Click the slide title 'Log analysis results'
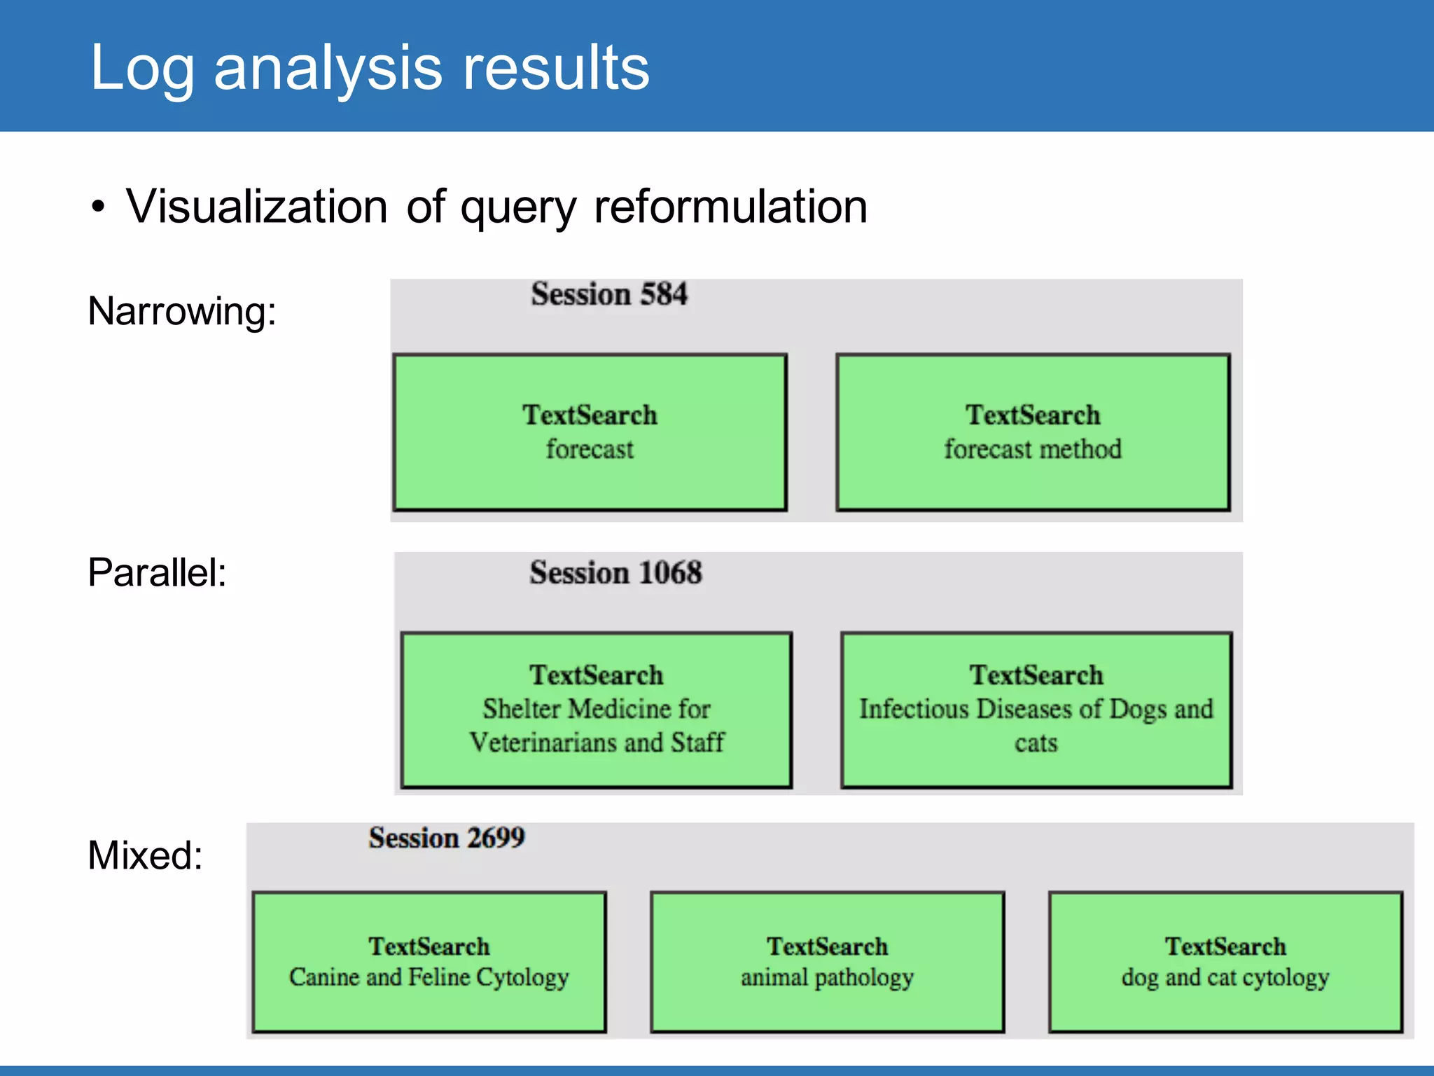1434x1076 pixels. click(370, 67)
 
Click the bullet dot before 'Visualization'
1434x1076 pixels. click(98, 207)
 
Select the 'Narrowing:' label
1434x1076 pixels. click(182, 311)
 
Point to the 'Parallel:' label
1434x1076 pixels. click(157, 572)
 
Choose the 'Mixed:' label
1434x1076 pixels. click(145, 855)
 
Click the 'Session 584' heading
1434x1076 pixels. click(608, 294)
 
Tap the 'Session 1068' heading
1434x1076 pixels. click(615, 573)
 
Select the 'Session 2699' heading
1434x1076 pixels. click(446, 838)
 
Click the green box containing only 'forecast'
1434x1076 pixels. click(590, 432)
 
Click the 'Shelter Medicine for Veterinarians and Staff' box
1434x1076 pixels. click(596, 710)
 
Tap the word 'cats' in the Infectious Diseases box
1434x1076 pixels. click(1036, 743)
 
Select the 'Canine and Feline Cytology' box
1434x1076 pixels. click(429, 962)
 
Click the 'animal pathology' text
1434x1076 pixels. click(827, 978)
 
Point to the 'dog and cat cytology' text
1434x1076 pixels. click(1225, 978)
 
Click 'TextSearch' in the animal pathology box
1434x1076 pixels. click(827, 946)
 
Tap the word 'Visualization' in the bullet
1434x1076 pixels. click(256, 207)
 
